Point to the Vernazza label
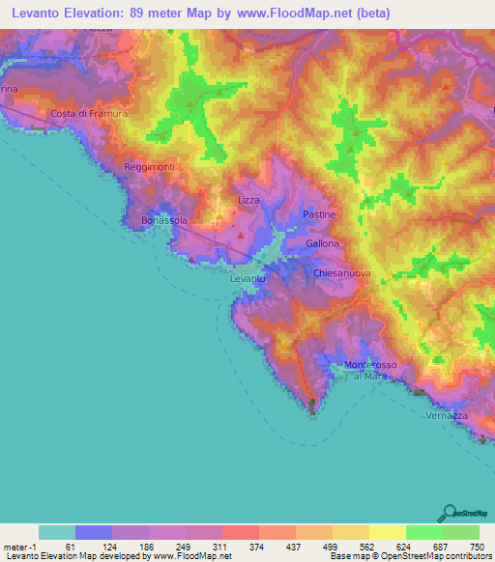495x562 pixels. pos(447,415)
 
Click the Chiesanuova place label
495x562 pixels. pos(343,274)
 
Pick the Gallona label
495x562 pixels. pos(323,244)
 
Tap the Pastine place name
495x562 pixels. pos(319,213)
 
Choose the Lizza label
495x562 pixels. pos(249,200)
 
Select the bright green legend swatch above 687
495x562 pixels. pos(424,532)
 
